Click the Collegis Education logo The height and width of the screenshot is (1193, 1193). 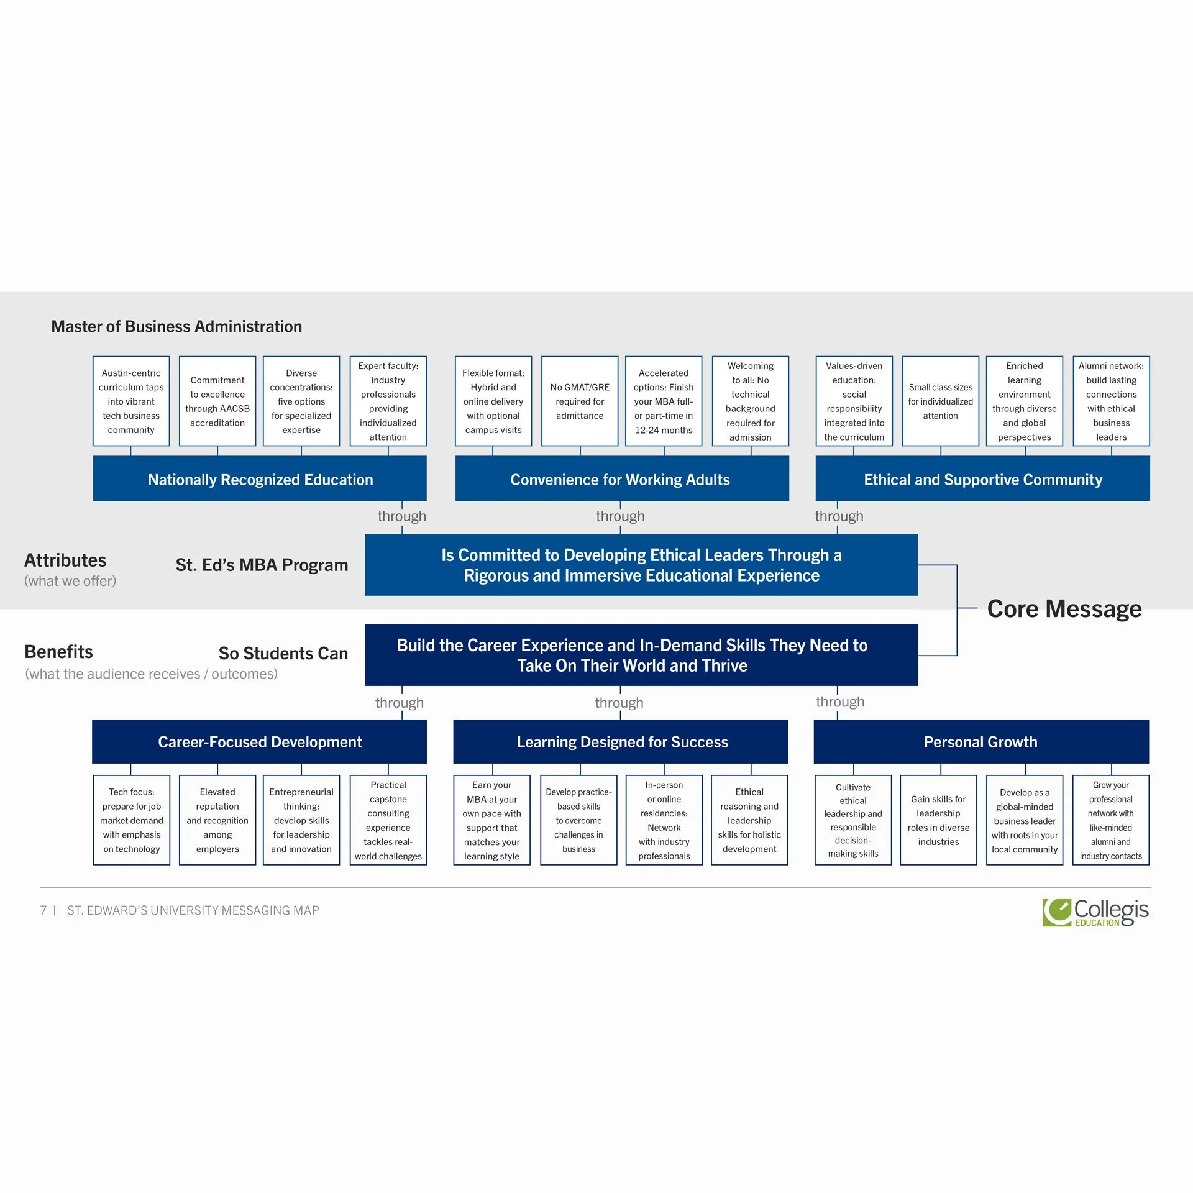(x=1095, y=912)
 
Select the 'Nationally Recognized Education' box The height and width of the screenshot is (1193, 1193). (x=260, y=479)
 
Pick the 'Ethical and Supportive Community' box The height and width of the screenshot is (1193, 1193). (x=982, y=479)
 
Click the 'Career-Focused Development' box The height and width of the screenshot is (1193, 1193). (x=260, y=741)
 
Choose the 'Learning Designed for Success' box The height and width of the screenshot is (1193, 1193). (x=621, y=741)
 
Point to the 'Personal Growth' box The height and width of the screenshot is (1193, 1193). (x=980, y=741)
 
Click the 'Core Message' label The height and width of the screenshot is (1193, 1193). (x=1064, y=609)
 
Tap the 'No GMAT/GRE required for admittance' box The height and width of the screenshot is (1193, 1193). (x=580, y=401)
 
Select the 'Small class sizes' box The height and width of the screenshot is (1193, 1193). (x=940, y=401)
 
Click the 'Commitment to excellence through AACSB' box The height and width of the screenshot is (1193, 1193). (x=217, y=401)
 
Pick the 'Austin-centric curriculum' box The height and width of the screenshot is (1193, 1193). (x=131, y=401)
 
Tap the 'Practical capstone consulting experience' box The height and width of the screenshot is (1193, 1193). (x=388, y=820)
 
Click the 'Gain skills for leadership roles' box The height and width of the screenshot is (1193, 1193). (x=938, y=820)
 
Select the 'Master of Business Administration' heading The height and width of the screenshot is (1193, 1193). (x=176, y=326)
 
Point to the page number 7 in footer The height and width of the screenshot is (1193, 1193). (x=43, y=910)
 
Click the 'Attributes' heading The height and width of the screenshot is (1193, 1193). (x=65, y=560)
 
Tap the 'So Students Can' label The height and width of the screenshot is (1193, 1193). (x=283, y=653)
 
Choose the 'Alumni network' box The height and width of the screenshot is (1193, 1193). (x=1111, y=401)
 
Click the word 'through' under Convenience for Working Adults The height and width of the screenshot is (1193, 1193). (x=620, y=516)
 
